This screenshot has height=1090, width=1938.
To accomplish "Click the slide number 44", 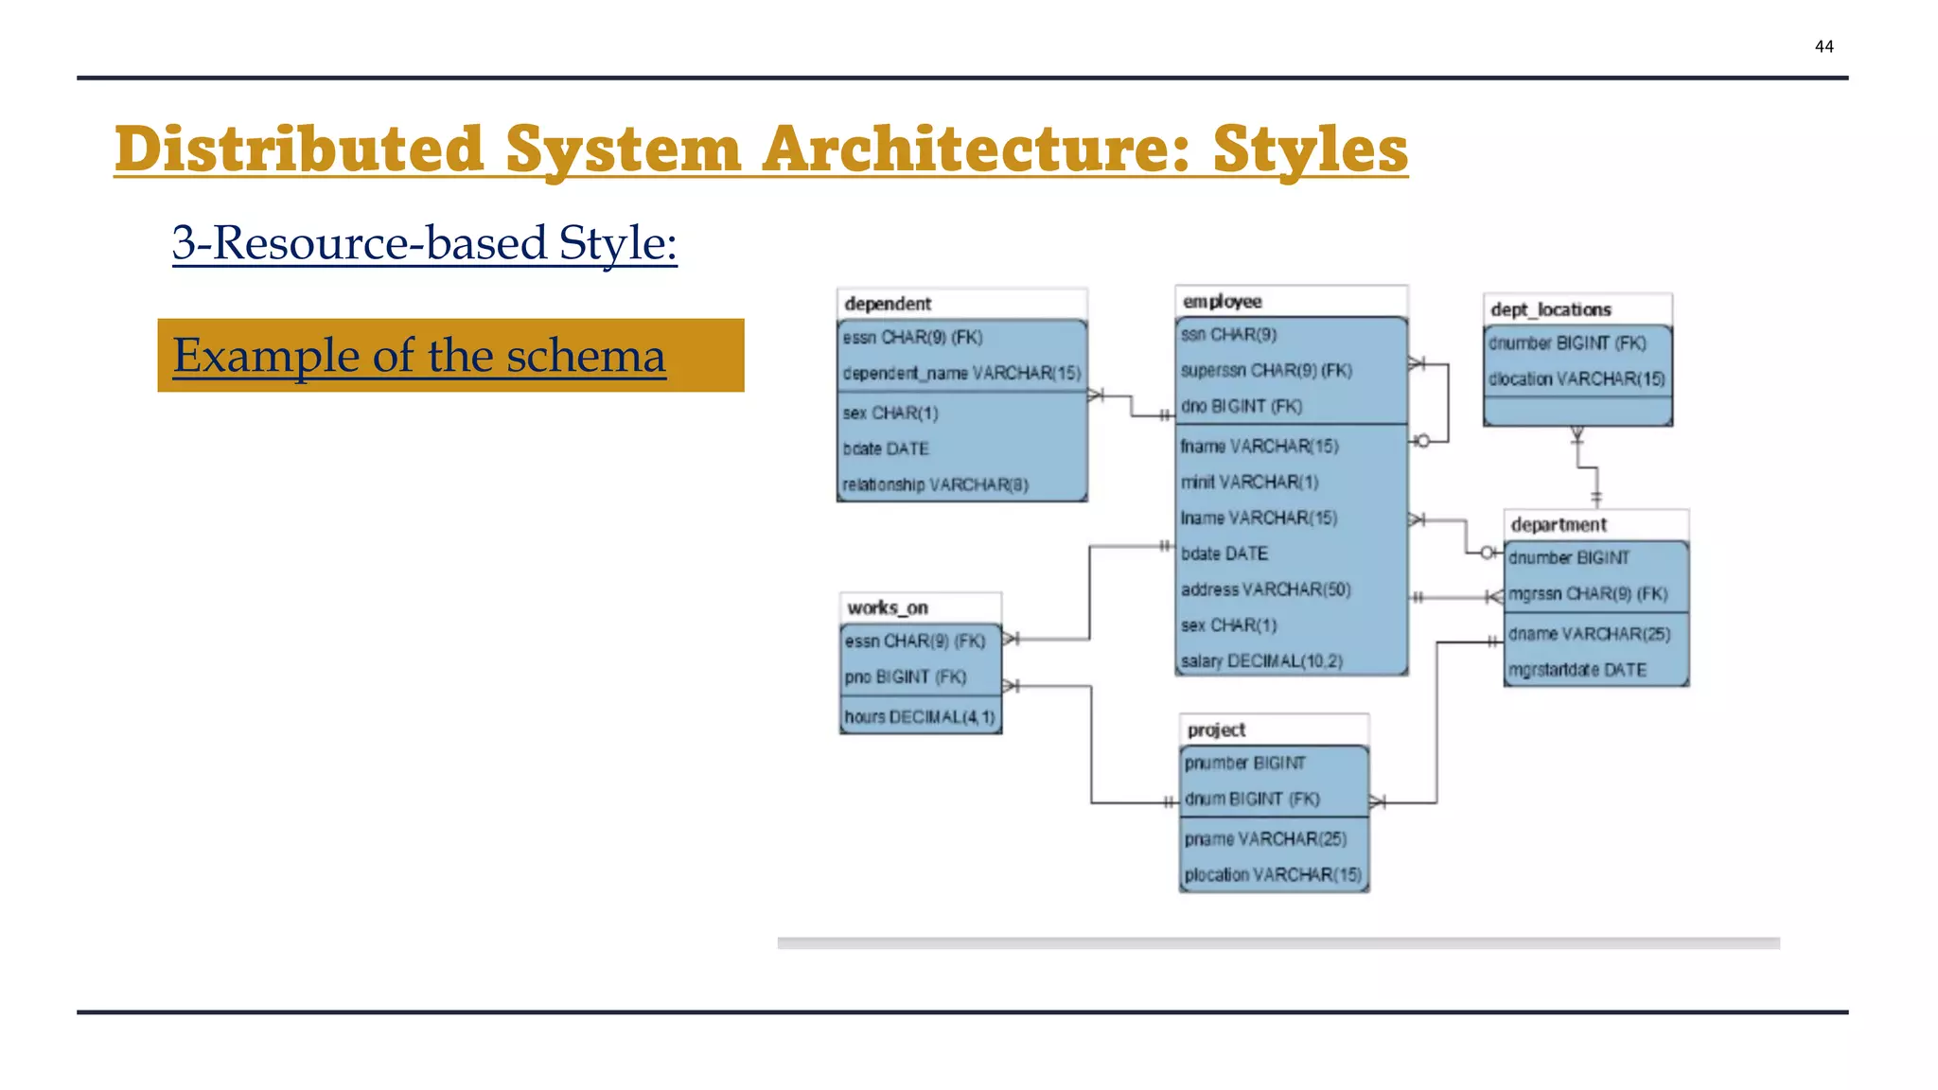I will [1823, 46].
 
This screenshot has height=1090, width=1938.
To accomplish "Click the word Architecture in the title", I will [975, 149].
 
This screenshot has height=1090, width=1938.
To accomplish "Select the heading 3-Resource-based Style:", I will [424, 242].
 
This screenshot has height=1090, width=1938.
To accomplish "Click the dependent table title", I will [888, 304].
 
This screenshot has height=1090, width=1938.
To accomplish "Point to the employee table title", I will [1222, 301].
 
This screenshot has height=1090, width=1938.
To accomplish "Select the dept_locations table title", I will [1550, 309].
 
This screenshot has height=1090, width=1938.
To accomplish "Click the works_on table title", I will [887, 607].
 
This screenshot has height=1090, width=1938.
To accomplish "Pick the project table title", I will [1216, 730].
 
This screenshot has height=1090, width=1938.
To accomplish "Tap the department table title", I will [1559, 524].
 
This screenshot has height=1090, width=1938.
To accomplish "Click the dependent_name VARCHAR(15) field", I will [961, 373].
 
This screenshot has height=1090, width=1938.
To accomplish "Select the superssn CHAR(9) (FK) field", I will [1266, 370].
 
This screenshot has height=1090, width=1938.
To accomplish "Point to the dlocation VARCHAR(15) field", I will [1576, 378].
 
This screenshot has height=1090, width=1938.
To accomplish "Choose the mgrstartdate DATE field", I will [1577, 670].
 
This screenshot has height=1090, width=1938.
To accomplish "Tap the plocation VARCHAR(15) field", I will [1273, 874].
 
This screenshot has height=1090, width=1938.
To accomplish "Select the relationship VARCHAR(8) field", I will [935, 484].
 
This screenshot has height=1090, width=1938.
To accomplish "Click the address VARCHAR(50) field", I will [1265, 589].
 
